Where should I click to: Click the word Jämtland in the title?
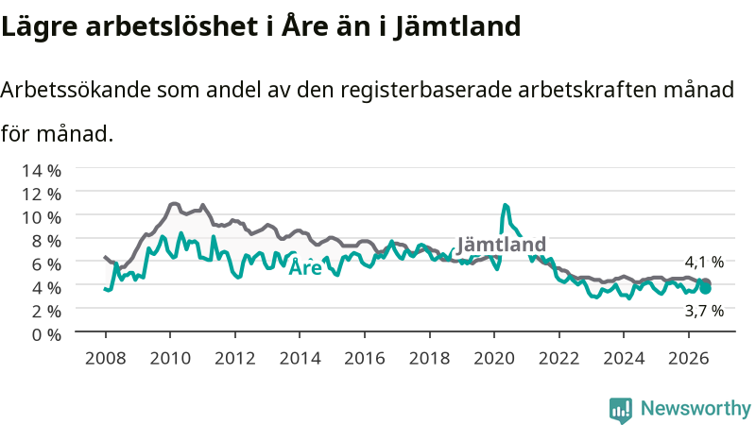[457, 26]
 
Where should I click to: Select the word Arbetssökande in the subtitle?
[76, 90]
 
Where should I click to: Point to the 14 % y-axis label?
[42, 171]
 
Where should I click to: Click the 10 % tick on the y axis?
[42, 217]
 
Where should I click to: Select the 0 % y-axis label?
[46, 334]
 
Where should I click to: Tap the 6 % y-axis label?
[46, 264]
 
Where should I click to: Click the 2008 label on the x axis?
[106, 359]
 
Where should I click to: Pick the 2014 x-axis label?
[300, 359]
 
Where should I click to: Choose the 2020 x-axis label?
[494, 359]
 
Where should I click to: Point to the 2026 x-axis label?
[689, 359]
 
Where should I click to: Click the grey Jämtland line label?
[502, 245]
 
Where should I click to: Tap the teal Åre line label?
[305, 266]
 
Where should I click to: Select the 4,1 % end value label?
[704, 263]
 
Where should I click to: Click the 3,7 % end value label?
[704, 312]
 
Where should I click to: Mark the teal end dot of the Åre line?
[705, 289]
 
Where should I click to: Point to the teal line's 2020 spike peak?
[505, 205]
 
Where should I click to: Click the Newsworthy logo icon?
[621, 410]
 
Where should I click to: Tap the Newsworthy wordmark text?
[696, 409]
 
